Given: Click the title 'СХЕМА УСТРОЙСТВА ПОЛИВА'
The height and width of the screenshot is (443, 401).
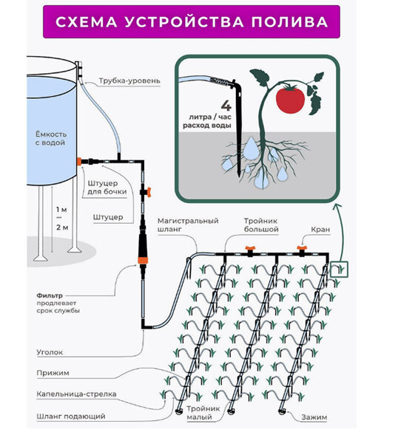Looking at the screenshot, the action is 192,22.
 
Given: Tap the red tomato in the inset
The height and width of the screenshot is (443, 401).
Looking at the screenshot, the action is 290,99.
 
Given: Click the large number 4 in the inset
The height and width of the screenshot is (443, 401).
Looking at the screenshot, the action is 226,106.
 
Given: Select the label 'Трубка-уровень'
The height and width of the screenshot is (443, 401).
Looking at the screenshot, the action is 129,80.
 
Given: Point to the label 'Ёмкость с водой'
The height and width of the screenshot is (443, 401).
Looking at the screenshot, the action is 51,138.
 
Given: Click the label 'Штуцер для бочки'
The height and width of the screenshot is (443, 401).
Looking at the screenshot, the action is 107,188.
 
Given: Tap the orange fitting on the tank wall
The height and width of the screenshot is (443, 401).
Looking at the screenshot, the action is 79,162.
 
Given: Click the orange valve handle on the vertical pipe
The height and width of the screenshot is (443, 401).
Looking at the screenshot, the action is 148,192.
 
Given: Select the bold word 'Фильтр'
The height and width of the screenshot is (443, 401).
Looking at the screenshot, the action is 50,295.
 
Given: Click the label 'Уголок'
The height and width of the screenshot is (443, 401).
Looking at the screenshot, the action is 50,352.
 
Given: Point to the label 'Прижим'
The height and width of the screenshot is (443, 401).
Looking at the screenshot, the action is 53,373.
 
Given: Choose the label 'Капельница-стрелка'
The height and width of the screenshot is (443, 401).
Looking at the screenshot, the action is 76,394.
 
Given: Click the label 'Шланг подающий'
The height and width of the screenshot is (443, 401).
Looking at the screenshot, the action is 71,416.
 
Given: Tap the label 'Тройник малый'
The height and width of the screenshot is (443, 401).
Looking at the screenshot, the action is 203,413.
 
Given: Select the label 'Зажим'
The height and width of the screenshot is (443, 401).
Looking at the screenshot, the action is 314,417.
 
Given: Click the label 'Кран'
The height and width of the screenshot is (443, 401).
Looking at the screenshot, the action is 320,230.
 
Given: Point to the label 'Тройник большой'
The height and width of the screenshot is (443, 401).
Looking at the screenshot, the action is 261,225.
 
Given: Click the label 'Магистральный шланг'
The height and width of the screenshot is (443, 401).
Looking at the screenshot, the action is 188,224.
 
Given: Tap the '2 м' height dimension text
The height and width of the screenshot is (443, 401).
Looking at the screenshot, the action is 62,227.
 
